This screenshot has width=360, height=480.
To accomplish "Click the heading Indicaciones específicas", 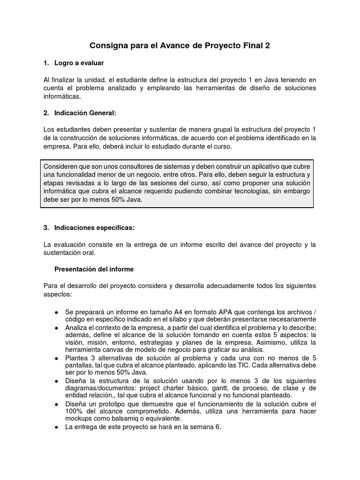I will pyautogui.click(x=94, y=227).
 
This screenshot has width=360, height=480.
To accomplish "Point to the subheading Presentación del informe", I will pyautogui.click(x=94, y=269).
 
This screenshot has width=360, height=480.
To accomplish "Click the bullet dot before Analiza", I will pyautogui.click(x=57, y=327).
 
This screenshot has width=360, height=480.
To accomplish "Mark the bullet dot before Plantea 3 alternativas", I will pyautogui.click(x=57, y=358).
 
